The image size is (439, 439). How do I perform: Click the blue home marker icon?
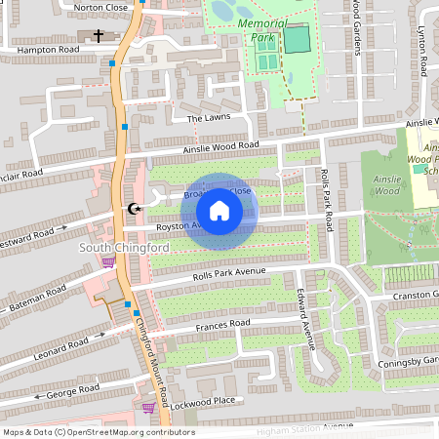pyautogui.click(x=219, y=211)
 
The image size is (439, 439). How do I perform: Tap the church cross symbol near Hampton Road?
pyautogui.click(x=98, y=36)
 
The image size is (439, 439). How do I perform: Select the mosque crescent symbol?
pyautogui.click(x=135, y=209)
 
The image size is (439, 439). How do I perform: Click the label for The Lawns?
pyautogui.click(x=206, y=118)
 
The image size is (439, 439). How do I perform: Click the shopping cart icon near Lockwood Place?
pyautogui.click(x=148, y=408)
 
